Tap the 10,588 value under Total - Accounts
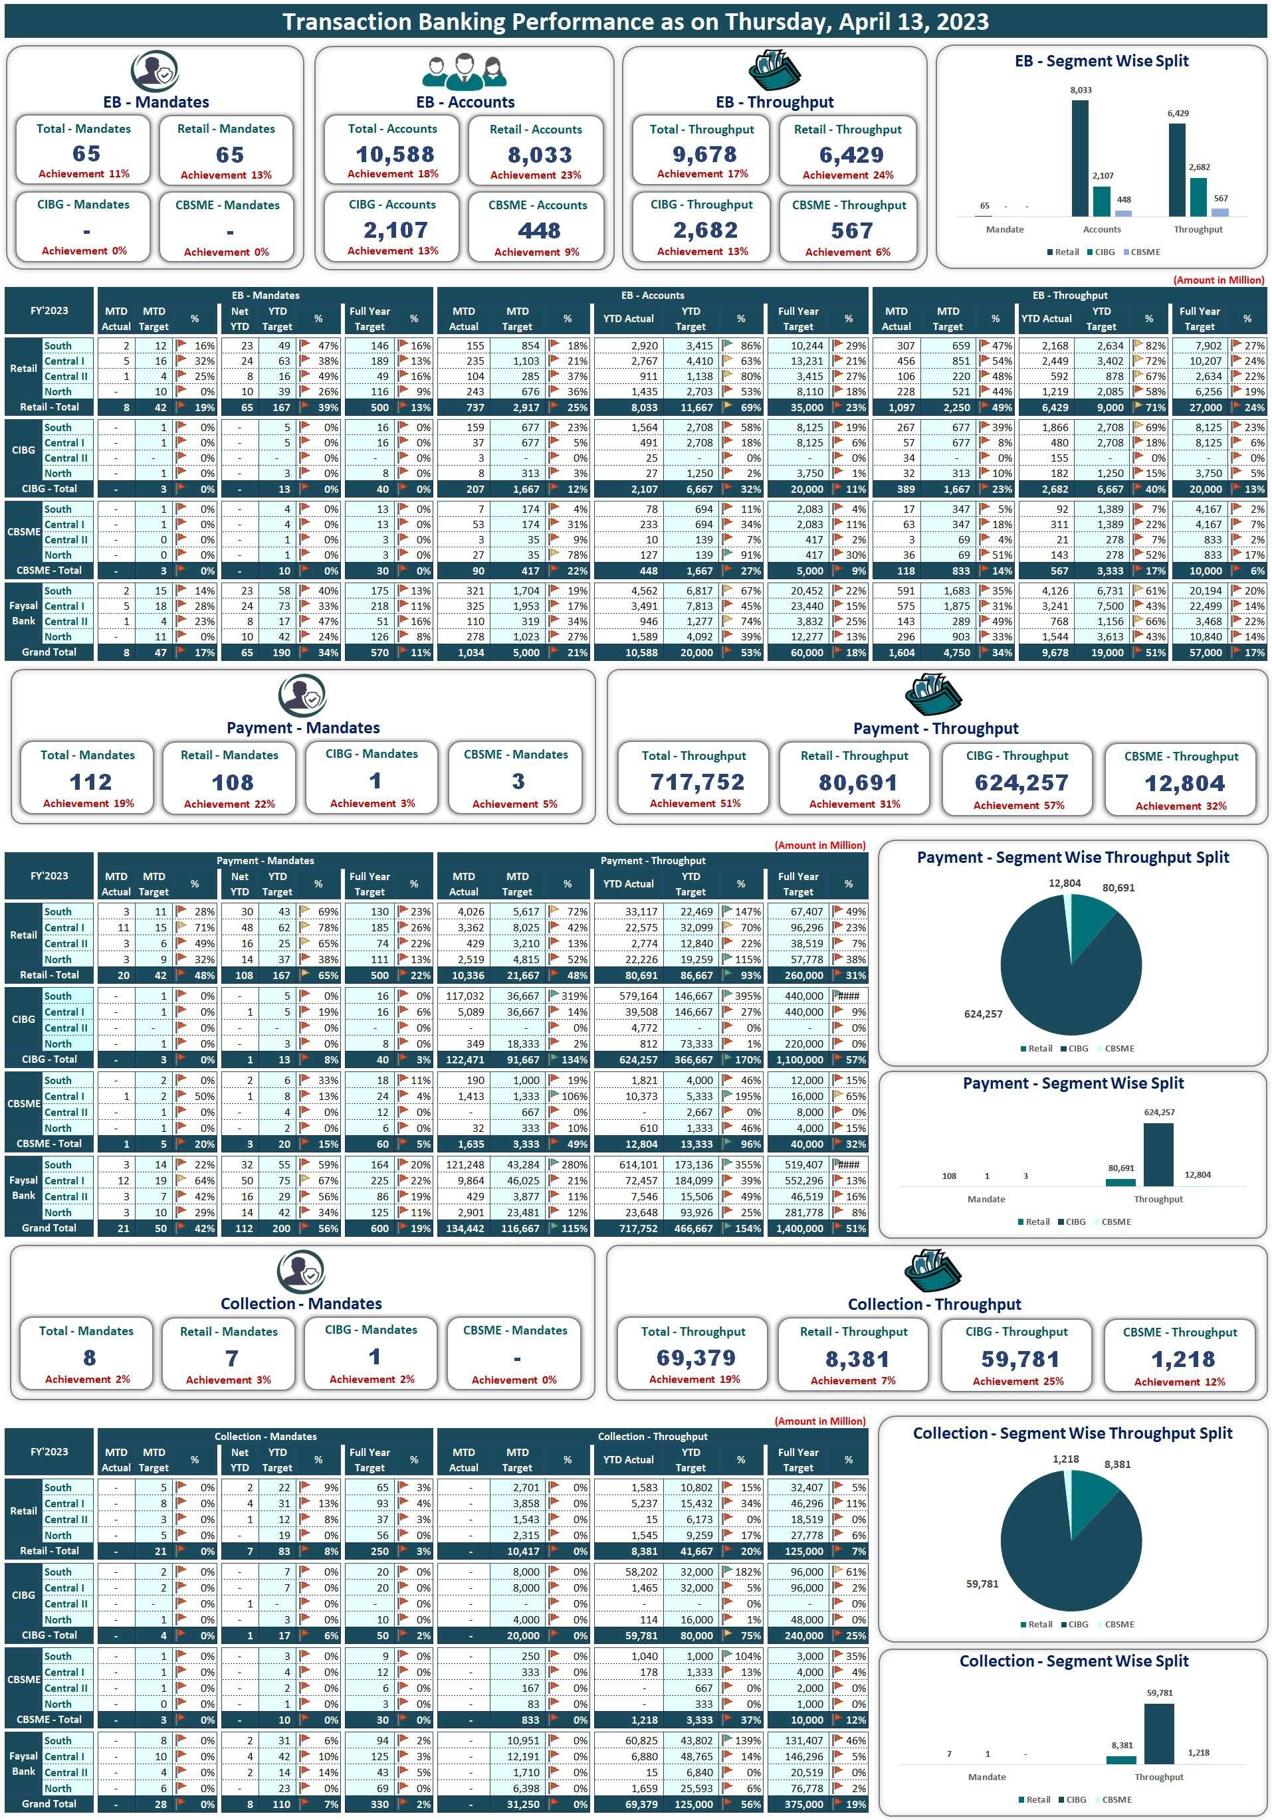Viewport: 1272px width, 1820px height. coord(395,154)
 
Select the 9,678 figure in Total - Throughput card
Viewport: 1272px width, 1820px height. coord(704,154)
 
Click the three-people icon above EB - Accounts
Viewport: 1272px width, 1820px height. coord(464,71)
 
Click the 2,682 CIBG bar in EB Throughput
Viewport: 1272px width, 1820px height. coord(1198,197)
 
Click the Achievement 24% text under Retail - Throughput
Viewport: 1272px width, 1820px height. coord(848,175)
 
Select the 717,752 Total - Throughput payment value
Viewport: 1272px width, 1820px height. coord(697,782)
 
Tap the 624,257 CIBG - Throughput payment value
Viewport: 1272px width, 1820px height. coord(1021,783)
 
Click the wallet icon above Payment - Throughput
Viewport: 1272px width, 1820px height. coord(932,694)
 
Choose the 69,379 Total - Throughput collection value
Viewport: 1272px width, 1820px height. coord(695,1358)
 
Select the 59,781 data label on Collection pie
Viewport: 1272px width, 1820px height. coord(982,1584)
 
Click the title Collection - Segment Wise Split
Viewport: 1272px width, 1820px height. coord(1073,1661)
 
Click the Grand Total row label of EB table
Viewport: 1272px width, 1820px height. coord(49,652)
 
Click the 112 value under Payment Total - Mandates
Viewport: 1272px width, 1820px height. coord(90,782)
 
